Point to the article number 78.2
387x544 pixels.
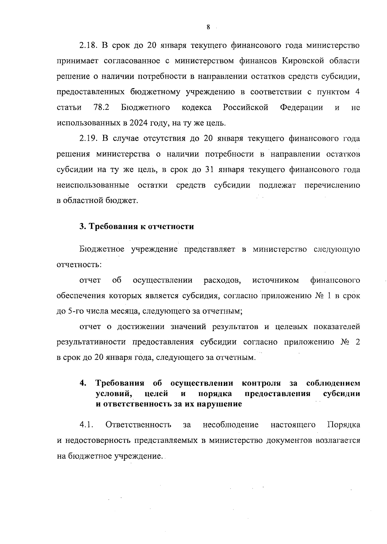[x=101, y=108]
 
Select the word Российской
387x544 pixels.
[x=245, y=108]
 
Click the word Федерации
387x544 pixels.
[x=301, y=108]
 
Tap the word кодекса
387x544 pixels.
[x=197, y=108]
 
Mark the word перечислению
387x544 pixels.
[x=332, y=186]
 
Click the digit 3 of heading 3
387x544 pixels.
[x=82, y=226]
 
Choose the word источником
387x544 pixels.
[x=275, y=280]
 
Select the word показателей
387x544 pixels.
[x=337, y=327]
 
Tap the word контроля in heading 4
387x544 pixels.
[x=261, y=383]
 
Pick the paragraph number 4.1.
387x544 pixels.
[x=86, y=425]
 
